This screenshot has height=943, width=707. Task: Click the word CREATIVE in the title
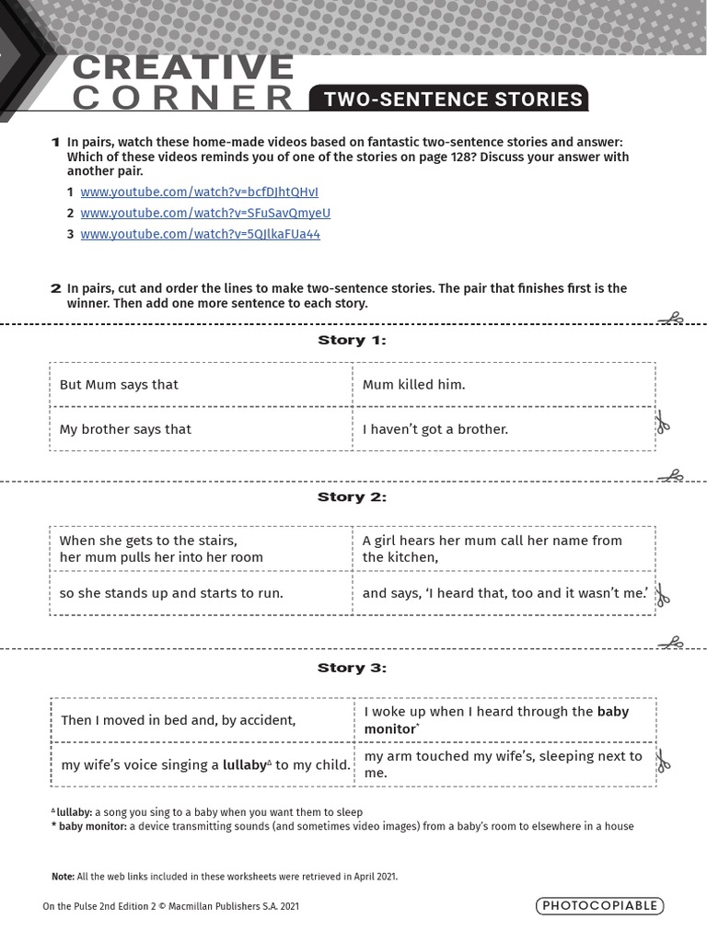tap(182, 67)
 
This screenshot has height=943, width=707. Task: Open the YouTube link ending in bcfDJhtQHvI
tap(199, 192)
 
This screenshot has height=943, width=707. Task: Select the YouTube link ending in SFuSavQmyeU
tap(204, 213)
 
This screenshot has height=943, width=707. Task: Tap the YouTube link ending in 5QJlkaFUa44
tap(200, 234)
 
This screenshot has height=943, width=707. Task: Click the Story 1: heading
tap(352, 340)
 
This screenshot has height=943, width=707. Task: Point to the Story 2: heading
tap(352, 497)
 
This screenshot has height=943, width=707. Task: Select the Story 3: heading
tap(352, 668)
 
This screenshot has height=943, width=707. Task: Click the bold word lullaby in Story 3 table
tap(243, 764)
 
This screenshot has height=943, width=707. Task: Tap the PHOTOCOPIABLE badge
tap(599, 905)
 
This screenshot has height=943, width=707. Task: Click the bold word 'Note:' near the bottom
tap(63, 877)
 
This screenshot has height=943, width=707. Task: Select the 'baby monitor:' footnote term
tap(91, 826)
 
